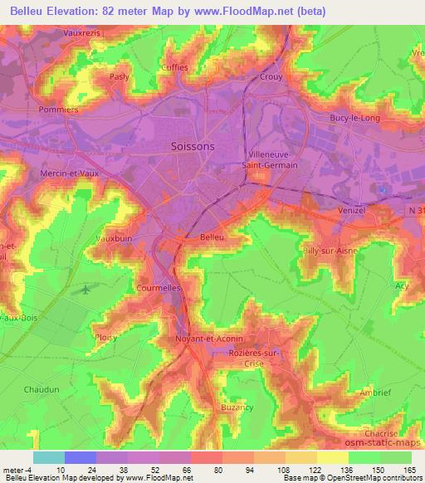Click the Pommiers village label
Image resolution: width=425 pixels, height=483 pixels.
tap(58, 109)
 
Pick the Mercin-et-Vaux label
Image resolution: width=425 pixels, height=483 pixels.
tap(70, 173)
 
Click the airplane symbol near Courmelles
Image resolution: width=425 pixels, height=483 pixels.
tap(85, 290)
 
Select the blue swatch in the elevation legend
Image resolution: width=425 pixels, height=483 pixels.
tap(81, 457)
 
